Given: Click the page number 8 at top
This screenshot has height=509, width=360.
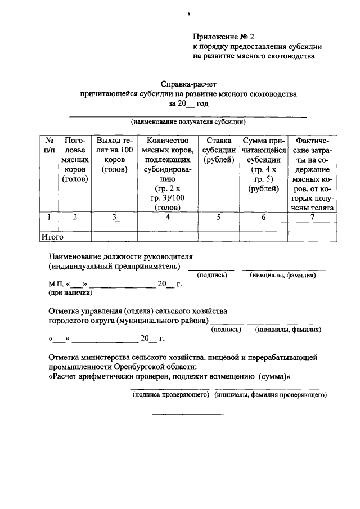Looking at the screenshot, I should point(188,15).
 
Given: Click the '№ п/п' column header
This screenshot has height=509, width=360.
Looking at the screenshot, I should point(49,145).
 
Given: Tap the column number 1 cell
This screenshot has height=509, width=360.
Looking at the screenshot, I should point(49,217).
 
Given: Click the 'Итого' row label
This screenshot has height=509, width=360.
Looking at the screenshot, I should point(52,237).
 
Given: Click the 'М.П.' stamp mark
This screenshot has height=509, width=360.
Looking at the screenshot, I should point(56,284).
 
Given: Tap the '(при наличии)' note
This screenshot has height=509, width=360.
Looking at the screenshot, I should point(70,293).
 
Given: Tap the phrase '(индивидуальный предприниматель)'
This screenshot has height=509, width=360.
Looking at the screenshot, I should point(115,265).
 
